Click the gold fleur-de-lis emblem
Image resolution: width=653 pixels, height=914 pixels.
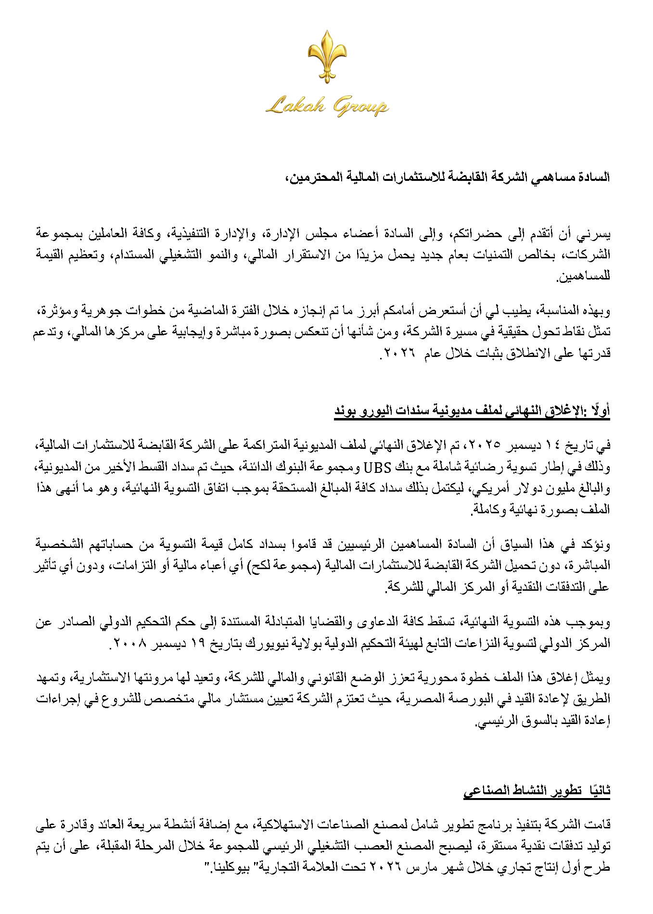coord(327,56)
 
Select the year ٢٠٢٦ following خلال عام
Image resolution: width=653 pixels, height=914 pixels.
coord(399,353)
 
